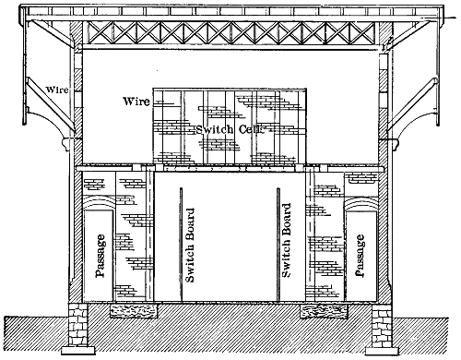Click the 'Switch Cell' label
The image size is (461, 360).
pyautogui.click(x=230, y=129)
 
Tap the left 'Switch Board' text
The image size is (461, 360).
pyautogui.click(x=190, y=246)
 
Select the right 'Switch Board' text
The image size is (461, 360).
pyautogui.click(x=286, y=240)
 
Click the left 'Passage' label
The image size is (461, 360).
pyautogui.click(x=100, y=256)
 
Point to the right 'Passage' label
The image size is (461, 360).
pyautogui.click(x=360, y=256)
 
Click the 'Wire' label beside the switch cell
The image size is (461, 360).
pyautogui.click(x=136, y=102)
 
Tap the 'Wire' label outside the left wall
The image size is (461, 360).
pyautogui.click(x=57, y=90)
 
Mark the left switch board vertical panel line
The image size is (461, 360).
pyautogui.click(x=181, y=245)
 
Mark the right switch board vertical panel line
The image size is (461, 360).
pyautogui.click(x=278, y=245)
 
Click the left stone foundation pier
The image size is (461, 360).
pyautogui.click(x=78, y=324)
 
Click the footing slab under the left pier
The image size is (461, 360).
pyautogui.click(x=78, y=350)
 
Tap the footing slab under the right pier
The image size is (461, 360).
pyautogui.click(x=382, y=350)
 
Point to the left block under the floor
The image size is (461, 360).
pyautogui.click(x=134, y=311)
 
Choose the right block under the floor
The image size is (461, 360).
pyautogui.click(x=324, y=311)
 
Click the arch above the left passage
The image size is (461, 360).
pyautogui.click(x=99, y=202)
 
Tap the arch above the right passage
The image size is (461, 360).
pyautogui.click(x=361, y=202)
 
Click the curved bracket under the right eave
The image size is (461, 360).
pyautogui.click(x=410, y=122)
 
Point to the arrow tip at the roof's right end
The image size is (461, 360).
pyautogui.click(x=444, y=18)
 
